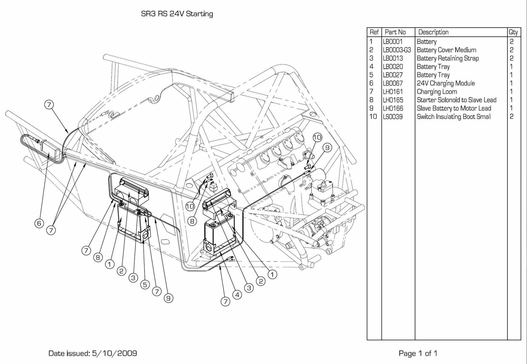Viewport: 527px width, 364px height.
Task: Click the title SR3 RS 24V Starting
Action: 177,14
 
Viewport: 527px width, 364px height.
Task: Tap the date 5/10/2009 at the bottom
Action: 114,353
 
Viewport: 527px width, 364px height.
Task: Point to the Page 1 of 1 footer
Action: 418,353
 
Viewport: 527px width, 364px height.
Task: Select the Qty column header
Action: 513,32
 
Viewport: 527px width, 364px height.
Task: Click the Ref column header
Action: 374,32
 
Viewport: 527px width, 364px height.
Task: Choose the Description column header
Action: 433,32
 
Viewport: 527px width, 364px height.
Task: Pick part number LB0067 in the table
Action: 393,83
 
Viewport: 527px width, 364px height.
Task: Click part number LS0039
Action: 393,117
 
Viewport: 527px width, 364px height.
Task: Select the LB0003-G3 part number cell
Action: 397,50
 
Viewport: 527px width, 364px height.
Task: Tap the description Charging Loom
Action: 437,92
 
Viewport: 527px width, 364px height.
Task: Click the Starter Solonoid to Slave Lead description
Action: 457,100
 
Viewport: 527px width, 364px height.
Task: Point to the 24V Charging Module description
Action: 446,83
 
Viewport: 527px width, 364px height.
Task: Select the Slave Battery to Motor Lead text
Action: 454,108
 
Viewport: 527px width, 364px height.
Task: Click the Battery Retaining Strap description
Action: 447,58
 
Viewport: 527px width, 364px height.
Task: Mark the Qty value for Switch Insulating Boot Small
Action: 511,117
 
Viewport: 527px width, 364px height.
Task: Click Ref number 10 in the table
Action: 373,117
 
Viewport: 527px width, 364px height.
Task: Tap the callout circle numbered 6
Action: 39,223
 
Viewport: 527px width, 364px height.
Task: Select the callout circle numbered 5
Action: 145,284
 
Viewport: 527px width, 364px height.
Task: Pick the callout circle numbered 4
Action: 237,295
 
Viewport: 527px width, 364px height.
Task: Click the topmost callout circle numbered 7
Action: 49,105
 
